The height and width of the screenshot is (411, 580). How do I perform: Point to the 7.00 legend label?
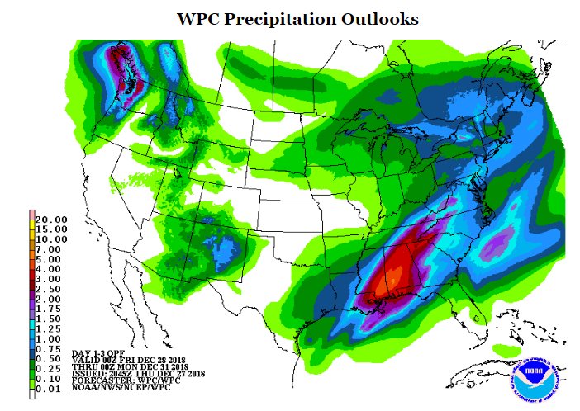[x=51, y=249]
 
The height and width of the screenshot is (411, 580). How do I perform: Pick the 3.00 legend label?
[x=51, y=279]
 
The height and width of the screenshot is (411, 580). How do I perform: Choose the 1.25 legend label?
[x=51, y=327]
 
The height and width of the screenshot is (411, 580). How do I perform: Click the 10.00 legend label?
[x=51, y=239]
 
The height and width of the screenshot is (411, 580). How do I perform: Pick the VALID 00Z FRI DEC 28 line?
[x=128, y=359]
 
